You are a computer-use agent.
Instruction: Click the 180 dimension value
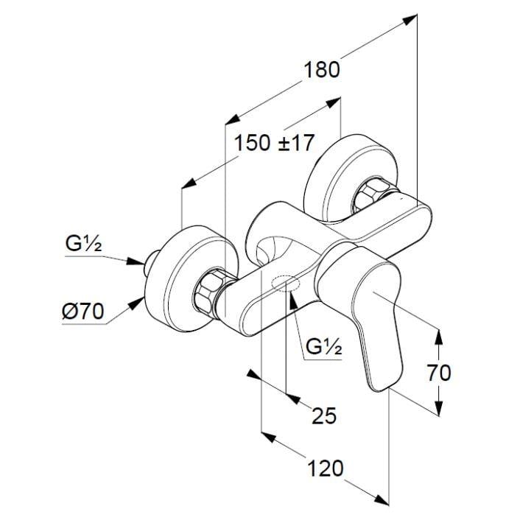[322, 70]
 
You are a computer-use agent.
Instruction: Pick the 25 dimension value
[323, 416]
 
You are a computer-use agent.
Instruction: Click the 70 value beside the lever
[438, 373]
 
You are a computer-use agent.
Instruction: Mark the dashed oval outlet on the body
[284, 282]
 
